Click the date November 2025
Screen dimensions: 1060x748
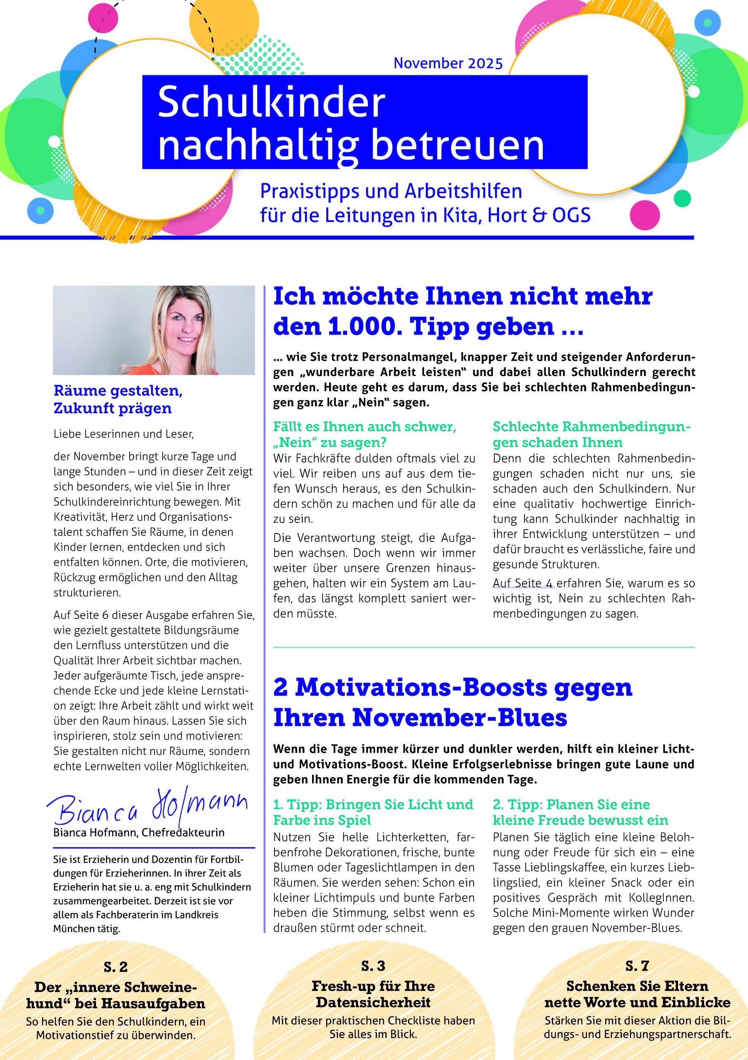pyautogui.click(x=447, y=63)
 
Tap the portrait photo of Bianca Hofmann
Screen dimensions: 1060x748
pyautogui.click(x=154, y=330)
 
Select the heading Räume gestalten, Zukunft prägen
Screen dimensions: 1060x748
pyautogui.click(x=118, y=399)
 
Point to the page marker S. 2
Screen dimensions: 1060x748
pyautogui.click(x=115, y=966)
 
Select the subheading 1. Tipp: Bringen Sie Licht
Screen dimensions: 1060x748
pyautogui.click(x=373, y=804)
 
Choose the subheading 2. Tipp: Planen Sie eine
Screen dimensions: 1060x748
pyautogui.click(x=571, y=804)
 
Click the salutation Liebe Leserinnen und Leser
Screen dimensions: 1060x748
pyautogui.click(x=124, y=434)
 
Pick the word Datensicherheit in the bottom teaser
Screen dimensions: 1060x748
pyautogui.click(x=373, y=1002)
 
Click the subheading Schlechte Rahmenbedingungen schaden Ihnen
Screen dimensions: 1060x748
pyautogui.click(x=592, y=434)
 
